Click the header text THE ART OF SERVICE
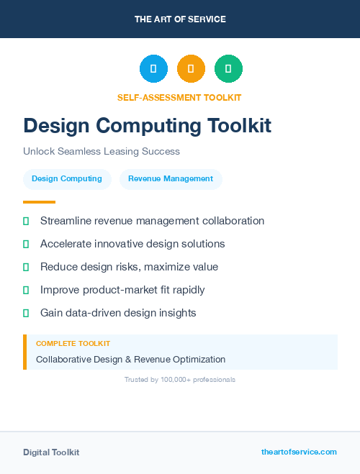tap(180, 19)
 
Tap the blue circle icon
tap(153, 69)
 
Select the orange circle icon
tap(191, 69)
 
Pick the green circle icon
tap(228, 69)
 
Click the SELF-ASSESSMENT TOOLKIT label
tap(179, 97)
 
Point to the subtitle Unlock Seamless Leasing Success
tap(101, 152)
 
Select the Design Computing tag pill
tap(67, 179)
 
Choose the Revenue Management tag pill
tap(171, 179)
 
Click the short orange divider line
tap(39, 202)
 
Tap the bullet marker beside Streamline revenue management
tap(26, 221)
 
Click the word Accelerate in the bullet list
tap(66, 244)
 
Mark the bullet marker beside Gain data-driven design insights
tap(26, 313)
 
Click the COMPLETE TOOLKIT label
tap(73, 344)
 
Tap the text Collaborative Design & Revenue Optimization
tap(130, 359)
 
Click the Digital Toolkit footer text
tap(51, 452)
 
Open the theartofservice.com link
tap(299, 452)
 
